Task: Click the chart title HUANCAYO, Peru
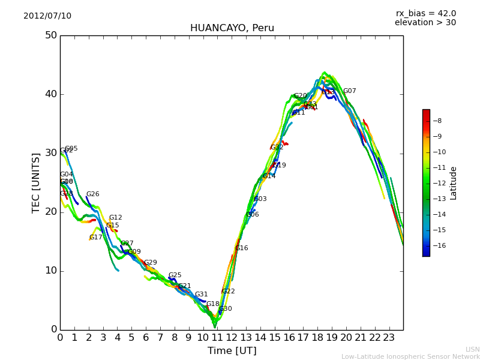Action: coord(232,28)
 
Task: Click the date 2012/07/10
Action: coord(47,16)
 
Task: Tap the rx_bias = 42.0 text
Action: coord(425,13)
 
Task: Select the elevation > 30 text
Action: coord(425,23)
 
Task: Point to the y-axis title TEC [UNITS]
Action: coord(36,182)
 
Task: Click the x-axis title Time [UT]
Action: coord(232,351)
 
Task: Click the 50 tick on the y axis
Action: coord(50,35)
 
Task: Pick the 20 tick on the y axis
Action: coord(50,212)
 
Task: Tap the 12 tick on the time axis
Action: coord(232,338)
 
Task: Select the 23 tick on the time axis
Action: coord(389,338)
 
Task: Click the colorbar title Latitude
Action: coord(454,183)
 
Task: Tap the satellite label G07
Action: coord(349,91)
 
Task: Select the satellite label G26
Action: coord(92,194)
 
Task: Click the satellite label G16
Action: coord(241,248)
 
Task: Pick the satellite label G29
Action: coord(150,263)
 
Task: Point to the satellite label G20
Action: coord(300,96)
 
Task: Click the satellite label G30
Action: coord(225,309)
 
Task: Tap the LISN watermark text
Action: coord(472,349)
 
